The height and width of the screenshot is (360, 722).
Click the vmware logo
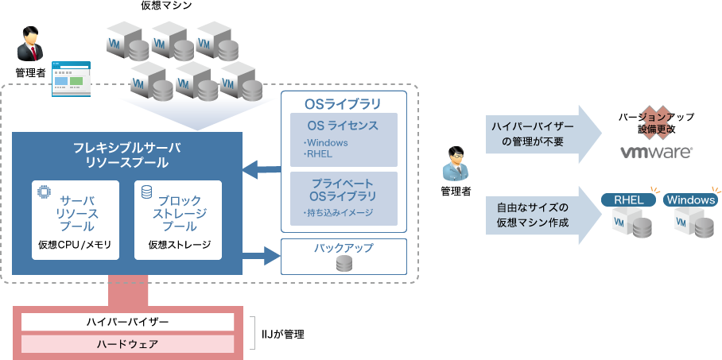click(x=655, y=152)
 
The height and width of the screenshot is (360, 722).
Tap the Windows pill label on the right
click(x=690, y=199)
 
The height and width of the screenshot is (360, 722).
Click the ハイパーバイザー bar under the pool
click(x=127, y=322)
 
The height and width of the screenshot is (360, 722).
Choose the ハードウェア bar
click(x=127, y=344)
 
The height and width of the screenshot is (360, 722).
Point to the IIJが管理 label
click(x=283, y=334)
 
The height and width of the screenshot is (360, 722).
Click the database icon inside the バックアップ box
click(x=344, y=264)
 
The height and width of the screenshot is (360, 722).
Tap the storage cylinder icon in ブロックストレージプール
click(x=146, y=192)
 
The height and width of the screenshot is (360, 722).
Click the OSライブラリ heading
click(x=343, y=104)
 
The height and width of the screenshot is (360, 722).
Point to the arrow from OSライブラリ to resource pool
click(x=262, y=168)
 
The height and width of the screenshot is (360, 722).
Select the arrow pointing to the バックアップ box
click(x=262, y=256)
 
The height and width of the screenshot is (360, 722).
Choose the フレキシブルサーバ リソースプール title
click(x=127, y=155)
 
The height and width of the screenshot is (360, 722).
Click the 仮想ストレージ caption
click(x=180, y=244)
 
